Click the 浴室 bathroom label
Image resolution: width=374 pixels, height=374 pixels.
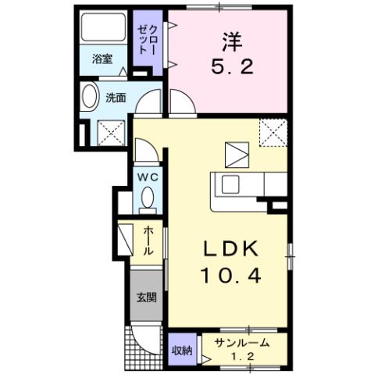[102, 59]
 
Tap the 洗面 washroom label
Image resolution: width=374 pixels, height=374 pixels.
[116, 98]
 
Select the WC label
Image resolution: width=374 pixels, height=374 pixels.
[148, 178]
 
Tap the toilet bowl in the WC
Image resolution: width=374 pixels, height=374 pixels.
[147, 200]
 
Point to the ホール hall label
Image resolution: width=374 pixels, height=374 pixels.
[148, 240]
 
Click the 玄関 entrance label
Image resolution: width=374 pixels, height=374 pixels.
[146, 297]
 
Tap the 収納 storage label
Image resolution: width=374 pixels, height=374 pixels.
[182, 350]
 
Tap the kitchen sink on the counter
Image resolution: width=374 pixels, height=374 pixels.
[231, 185]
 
